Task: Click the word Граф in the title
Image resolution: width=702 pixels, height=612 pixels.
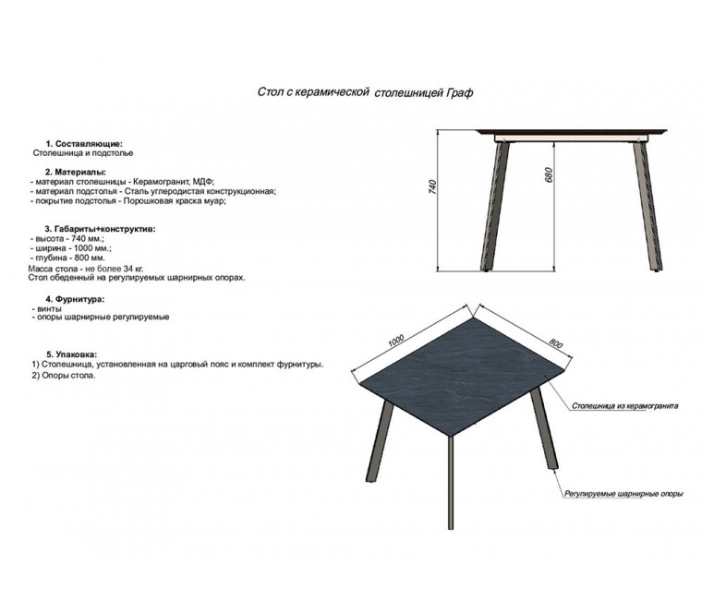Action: click(x=459, y=93)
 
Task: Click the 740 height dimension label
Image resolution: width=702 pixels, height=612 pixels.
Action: click(x=432, y=186)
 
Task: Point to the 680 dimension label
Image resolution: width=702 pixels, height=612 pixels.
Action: click(x=549, y=174)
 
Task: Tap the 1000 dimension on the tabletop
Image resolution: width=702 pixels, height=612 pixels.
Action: click(x=396, y=341)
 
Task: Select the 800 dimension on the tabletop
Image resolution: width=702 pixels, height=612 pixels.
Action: click(x=556, y=343)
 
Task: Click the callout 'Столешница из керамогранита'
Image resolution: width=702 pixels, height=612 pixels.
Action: click(x=624, y=406)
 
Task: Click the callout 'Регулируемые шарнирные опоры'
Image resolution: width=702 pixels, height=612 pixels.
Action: click(x=623, y=494)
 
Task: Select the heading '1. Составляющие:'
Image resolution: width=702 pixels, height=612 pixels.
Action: click(x=84, y=144)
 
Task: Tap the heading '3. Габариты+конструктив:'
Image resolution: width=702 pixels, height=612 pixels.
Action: click(x=101, y=229)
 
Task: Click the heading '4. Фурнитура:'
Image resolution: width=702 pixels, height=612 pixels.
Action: click(x=75, y=299)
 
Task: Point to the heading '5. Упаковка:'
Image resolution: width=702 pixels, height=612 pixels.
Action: click(x=72, y=354)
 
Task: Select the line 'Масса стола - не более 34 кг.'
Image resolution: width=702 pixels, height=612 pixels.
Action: click(x=86, y=269)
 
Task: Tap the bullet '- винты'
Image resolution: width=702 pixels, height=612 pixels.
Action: click(x=46, y=308)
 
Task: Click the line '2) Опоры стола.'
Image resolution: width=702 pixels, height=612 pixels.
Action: click(x=64, y=376)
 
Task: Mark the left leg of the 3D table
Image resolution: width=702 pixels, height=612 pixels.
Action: click(x=380, y=441)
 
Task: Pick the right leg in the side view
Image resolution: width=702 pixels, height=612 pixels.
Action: click(x=648, y=207)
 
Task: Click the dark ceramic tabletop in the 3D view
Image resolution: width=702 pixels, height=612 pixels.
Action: click(x=461, y=377)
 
